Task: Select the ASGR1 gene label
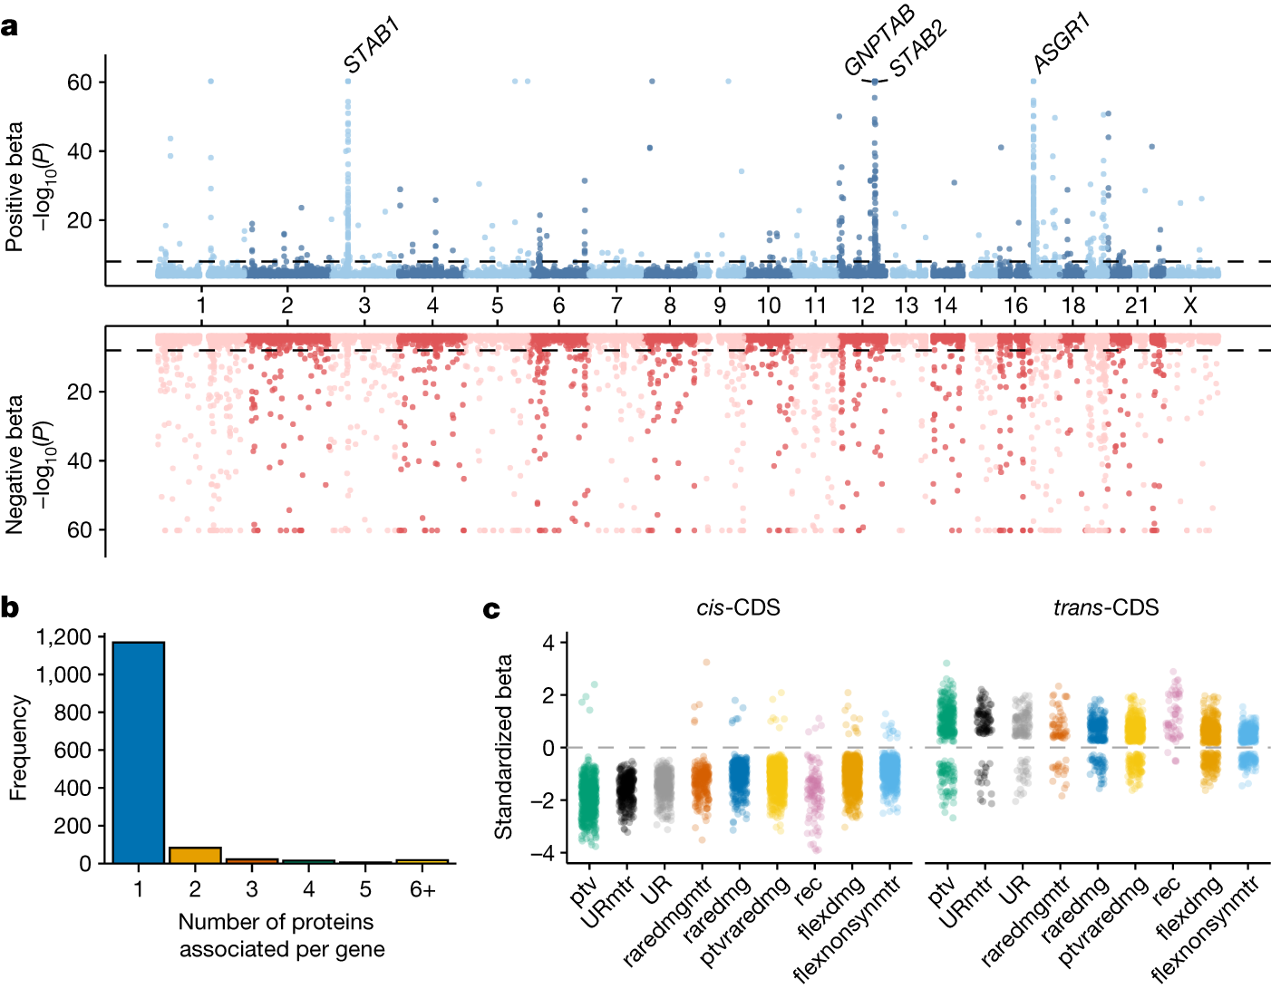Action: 1062,44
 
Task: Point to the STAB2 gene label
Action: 917,49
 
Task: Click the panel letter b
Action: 10,607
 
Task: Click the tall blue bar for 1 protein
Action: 138,752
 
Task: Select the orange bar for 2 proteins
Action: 195,855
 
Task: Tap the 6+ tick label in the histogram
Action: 422,890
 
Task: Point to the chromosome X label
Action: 1189,306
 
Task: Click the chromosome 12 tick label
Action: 863,306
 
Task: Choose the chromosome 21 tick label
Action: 1136,306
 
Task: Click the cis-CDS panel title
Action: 738,607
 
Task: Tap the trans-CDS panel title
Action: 1106,607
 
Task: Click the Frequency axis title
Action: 17,748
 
